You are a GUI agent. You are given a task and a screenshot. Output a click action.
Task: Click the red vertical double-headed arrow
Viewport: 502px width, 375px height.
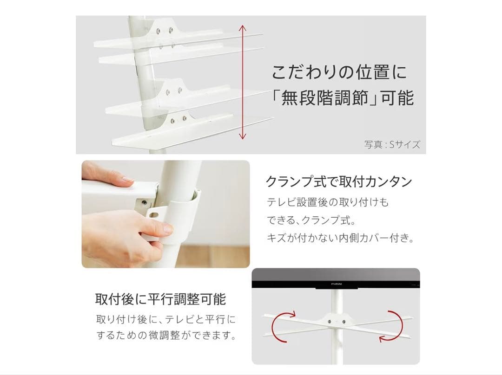(x=243, y=83)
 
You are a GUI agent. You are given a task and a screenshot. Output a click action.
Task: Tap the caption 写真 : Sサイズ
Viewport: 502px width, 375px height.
(x=392, y=144)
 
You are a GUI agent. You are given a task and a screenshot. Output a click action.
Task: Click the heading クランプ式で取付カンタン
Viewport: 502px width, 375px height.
(x=339, y=181)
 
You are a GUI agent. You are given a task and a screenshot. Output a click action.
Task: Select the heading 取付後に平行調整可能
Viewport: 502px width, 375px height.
(x=160, y=299)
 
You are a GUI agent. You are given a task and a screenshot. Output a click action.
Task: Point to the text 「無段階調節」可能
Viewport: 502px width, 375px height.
(x=342, y=97)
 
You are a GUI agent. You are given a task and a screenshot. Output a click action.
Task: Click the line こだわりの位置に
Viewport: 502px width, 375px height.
(x=339, y=72)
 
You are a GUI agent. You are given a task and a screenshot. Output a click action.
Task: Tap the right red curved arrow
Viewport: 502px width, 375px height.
(x=391, y=326)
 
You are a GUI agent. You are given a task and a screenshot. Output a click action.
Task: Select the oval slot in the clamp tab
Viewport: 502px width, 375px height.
(x=154, y=213)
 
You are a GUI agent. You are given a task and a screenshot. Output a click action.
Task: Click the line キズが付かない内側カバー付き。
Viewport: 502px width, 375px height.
(x=340, y=238)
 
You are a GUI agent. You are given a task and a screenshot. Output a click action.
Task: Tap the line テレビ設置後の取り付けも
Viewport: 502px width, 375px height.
(x=328, y=202)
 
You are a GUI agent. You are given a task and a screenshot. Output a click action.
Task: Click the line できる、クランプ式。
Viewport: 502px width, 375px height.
(x=311, y=220)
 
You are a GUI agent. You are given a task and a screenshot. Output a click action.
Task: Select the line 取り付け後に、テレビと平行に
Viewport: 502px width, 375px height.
(x=166, y=319)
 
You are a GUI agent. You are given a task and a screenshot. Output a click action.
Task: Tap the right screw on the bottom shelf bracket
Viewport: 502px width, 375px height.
(x=185, y=119)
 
